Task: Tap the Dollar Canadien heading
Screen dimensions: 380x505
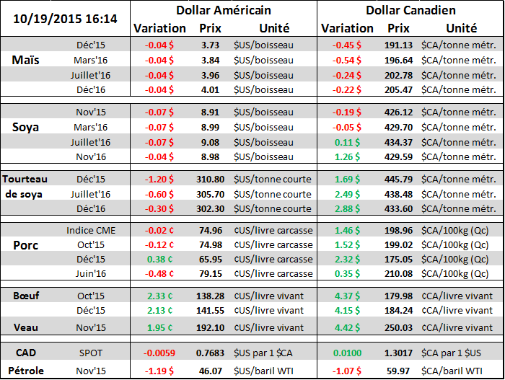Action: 410,10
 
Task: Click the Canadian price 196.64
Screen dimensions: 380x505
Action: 398,60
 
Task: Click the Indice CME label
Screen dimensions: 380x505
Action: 90,231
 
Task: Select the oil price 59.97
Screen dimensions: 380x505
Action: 398,371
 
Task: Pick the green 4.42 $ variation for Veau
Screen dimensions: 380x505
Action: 348,327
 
